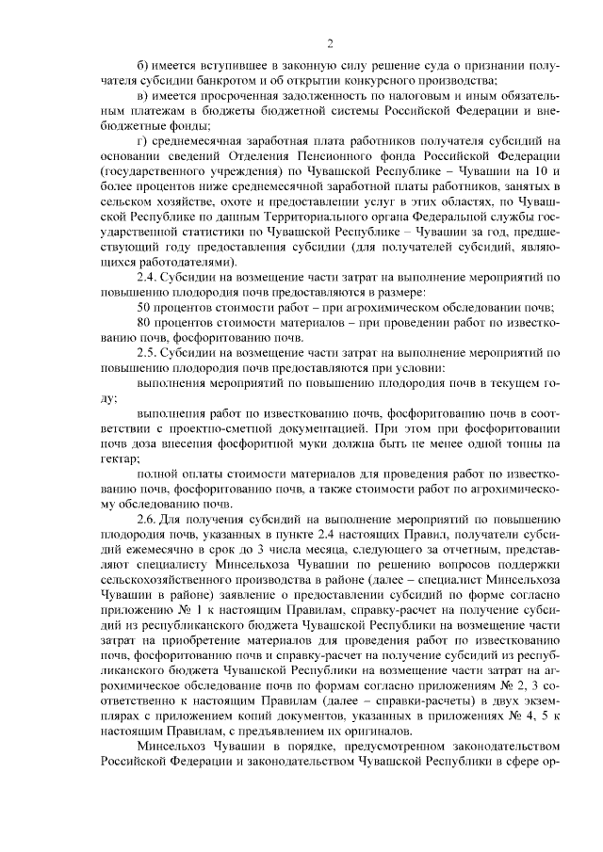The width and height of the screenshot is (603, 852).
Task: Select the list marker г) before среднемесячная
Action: point(142,140)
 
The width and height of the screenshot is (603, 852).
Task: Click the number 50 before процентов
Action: point(146,307)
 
